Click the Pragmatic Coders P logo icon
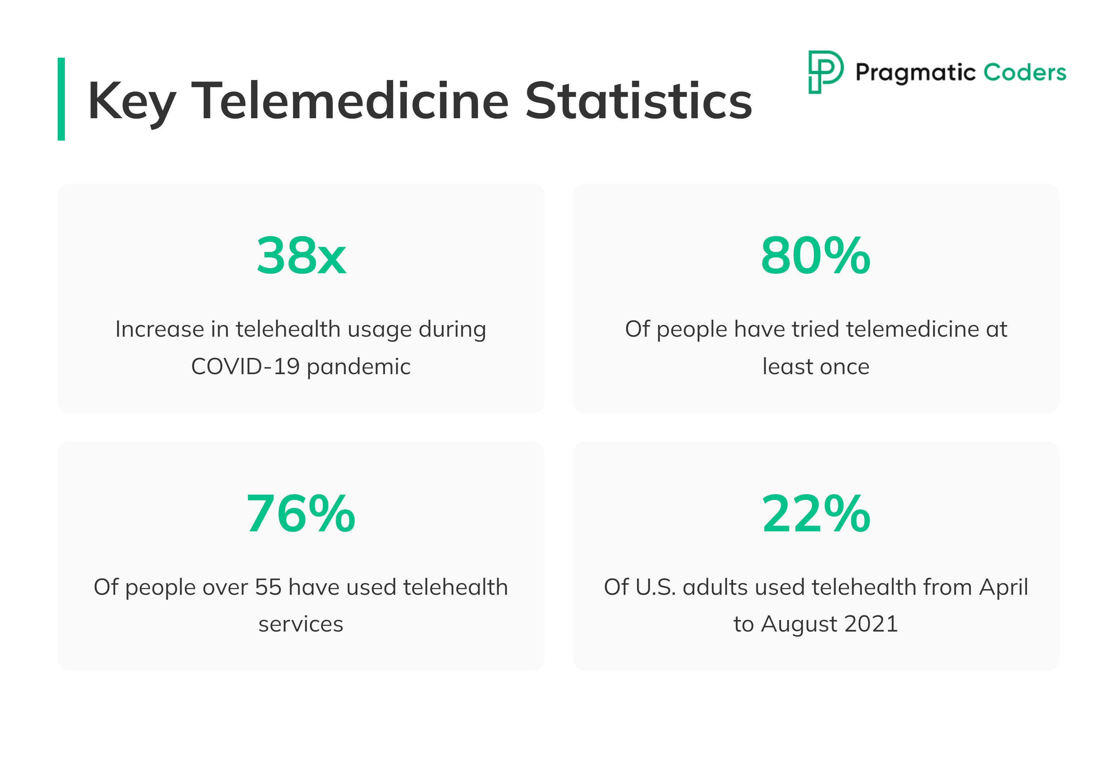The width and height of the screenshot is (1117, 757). pos(825,72)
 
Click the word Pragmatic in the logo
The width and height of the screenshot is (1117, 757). pos(915,73)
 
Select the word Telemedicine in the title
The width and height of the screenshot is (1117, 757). pos(349,101)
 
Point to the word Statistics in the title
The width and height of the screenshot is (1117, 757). pos(638,101)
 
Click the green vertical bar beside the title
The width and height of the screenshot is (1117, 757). pos(61,99)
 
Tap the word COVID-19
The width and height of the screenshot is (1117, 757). pos(245,366)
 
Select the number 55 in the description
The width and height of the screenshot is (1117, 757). pos(268,587)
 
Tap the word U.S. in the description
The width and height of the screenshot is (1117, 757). pos(655,587)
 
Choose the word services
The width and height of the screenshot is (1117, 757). pos(301,624)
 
